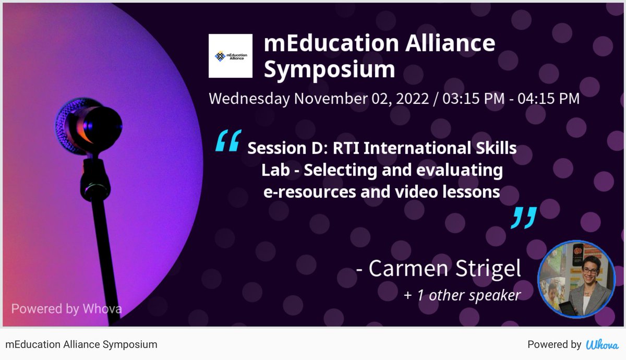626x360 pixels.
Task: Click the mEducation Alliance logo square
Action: [x=231, y=56]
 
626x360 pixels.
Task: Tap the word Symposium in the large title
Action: [x=329, y=69]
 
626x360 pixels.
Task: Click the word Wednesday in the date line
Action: [x=249, y=98]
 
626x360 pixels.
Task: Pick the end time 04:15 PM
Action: [x=548, y=98]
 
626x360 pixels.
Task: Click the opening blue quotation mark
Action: [x=228, y=141]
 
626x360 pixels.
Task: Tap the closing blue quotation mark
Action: [x=523, y=217]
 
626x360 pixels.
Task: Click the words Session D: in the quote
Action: [x=276, y=148]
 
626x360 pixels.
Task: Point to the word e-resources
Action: [x=302, y=191]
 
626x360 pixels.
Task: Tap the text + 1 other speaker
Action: [x=462, y=295]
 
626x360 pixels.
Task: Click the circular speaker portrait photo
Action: [x=576, y=279]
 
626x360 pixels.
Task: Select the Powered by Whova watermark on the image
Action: [x=66, y=308]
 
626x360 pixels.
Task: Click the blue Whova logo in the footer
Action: [x=602, y=344]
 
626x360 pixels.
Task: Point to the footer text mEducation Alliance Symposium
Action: [x=81, y=344]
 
